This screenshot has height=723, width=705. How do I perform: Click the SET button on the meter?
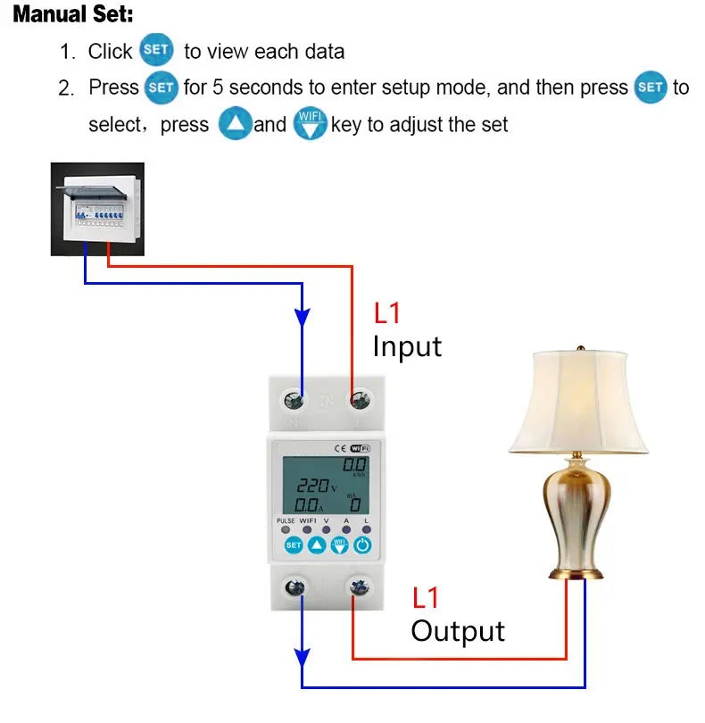pos(293,544)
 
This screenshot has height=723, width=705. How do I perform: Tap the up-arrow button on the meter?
pos(317,544)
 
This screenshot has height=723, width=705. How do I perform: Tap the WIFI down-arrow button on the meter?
pos(340,544)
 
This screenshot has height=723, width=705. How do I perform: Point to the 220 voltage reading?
pos(312,487)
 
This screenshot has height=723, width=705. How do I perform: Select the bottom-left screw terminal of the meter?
pos(294,586)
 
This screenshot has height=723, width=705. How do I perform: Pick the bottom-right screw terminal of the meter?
pos(359,586)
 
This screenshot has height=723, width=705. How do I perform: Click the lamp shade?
pos(578,402)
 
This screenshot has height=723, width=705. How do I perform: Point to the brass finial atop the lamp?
pos(579,345)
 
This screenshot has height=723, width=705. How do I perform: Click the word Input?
pos(407,346)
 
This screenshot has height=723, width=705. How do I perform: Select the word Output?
pos(458,631)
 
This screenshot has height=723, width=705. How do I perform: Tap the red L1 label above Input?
pos(387,313)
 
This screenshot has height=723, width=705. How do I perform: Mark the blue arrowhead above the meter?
pos(303,318)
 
